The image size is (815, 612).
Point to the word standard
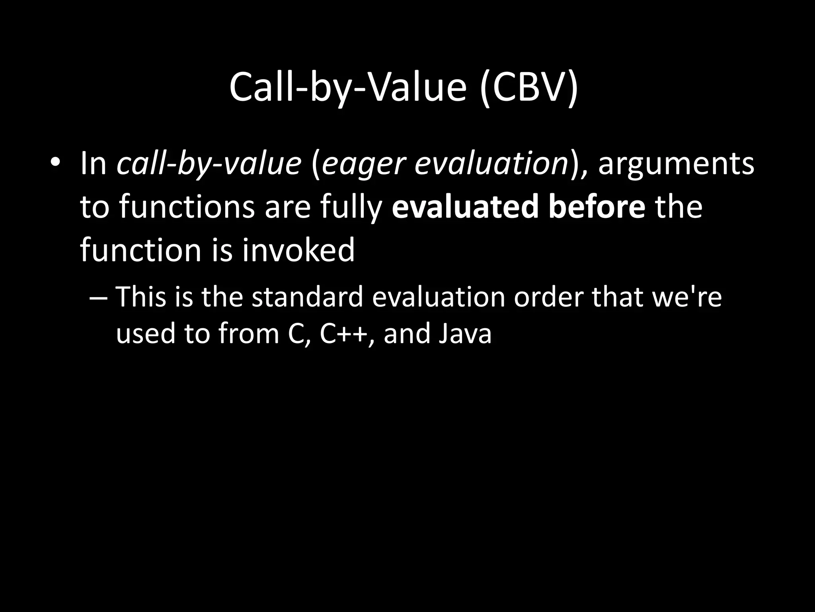click(x=308, y=297)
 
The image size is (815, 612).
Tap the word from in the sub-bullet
click(x=248, y=333)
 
